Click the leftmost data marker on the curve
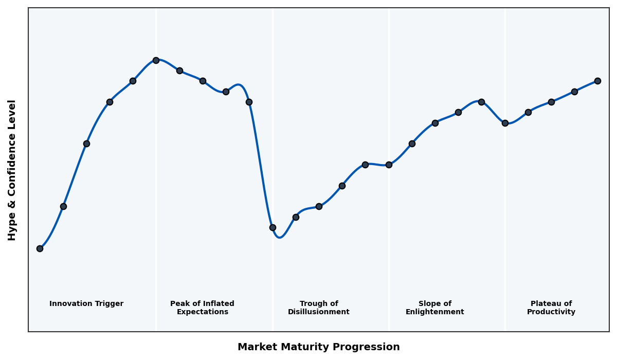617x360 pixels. click(40, 248)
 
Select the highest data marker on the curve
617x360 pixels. click(156, 60)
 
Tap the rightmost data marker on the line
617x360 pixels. click(597, 81)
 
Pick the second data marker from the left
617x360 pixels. click(63, 206)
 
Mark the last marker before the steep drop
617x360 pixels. click(249, 102)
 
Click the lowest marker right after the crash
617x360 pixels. click(273, 227)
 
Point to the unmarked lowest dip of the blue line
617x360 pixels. click(279, 237)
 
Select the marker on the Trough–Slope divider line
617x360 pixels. click(389, 165)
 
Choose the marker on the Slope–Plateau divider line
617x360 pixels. click(505, 123)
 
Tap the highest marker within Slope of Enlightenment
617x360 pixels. click(481, 102)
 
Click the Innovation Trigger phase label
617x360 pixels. click(86, 304)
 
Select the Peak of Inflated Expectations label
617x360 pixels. click(202, 308)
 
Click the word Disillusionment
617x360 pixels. click(319, 312)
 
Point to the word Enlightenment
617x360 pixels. click(435, 312)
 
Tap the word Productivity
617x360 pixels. click(551, 312)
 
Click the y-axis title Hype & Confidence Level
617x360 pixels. click(12, 170)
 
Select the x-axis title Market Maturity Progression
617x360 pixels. click(319, 347)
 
